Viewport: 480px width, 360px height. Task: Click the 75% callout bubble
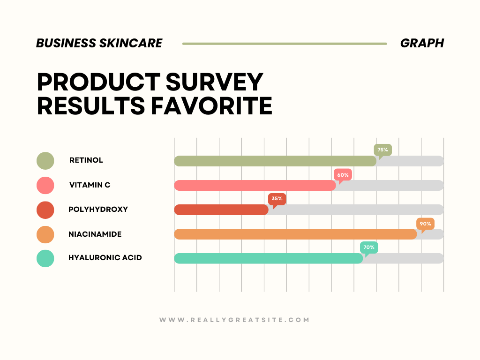(x=382, y=150)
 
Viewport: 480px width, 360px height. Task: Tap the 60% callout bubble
(x=343, y=175)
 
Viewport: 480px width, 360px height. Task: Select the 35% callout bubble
(x=277, y=199)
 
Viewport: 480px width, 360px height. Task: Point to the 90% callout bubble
(x=426, y=224)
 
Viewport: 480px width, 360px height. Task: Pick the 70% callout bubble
(x=369, y=247)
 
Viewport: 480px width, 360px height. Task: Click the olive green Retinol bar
(x=275, y=161)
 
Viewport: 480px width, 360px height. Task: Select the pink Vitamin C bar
(x=255, y=186)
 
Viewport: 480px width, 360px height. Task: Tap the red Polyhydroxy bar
(x=221, y=210)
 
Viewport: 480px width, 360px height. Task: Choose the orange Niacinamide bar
(x=295, y=234)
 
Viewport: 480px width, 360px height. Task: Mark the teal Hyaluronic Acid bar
(x=269, y=258)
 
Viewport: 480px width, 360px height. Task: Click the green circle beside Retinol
(x=45, y=161)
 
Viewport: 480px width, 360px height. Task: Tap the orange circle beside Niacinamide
(x=45, y=234)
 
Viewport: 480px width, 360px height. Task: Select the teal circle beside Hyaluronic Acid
(x=45, y=258)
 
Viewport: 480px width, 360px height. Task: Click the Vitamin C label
(x=90, y=185)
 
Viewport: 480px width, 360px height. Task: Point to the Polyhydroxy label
(x=98, y=210)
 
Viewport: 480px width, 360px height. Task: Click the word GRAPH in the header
(x=422, y=43)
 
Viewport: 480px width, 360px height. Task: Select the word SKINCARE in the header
(x=131, y=43)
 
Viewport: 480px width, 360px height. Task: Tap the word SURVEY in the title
(x=214, y=82)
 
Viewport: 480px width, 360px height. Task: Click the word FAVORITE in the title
(x=211, y=106)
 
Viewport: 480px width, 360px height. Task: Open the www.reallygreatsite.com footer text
(x=234, y=320)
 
